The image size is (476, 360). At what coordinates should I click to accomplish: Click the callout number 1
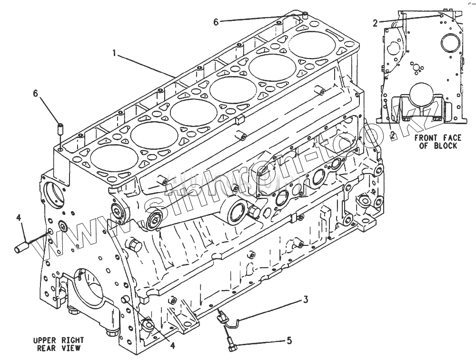pyautogui.click(x=114, y=53)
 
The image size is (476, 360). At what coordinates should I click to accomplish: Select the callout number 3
pyautogui.click(x=306, y=300)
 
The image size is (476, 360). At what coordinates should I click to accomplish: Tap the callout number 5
pyautogui.click(x=288, y=341)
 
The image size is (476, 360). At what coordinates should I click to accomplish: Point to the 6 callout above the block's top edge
pyautogui.click(x=216, y=21)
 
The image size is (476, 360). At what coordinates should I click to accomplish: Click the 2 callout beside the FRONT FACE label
pyautogui.click(x=392, y=135)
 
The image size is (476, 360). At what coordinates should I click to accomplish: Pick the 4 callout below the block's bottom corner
pyautogui.click(x=173, y=346)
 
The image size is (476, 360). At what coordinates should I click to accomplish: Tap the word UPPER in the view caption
pyautogui.click(x=45, y=341)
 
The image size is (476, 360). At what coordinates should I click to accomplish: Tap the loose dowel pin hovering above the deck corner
pyautogui.click(x=60, y=128)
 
